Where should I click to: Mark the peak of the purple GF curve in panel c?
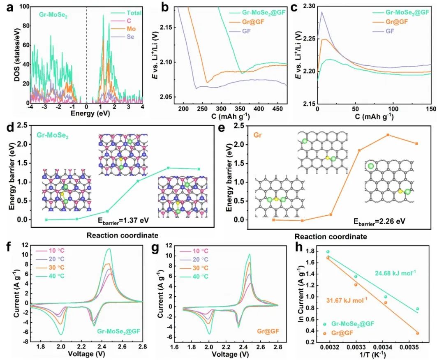pos(321,12)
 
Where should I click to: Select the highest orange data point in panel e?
pos(388,135)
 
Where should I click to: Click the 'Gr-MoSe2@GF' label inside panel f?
pos(118,330)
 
